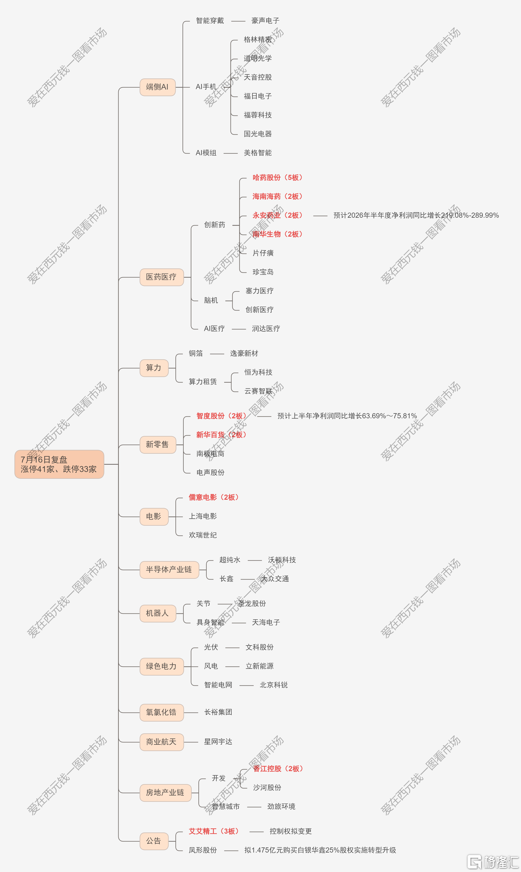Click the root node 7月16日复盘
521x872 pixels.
pos(59,464)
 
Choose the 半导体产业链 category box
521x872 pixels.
pos(169,570)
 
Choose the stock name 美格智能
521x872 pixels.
pos(258,153)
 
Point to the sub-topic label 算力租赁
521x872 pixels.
pos(203,382)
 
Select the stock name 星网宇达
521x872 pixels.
pos(218,742)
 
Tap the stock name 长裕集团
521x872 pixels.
pos(218,712)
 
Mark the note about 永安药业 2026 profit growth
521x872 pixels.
pos(416,215)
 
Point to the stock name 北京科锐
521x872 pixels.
pos(273,685)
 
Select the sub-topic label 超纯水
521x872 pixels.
pos(230,560)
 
